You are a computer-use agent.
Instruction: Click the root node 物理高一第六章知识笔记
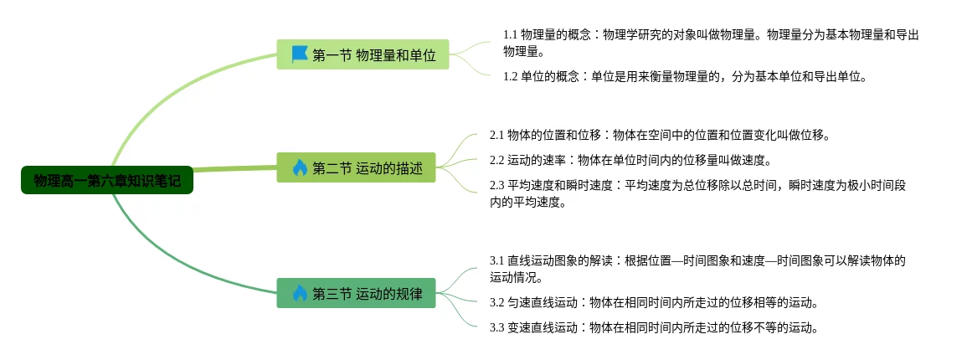[x=107, y=180]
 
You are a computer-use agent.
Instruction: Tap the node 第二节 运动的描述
[x=356, y=167]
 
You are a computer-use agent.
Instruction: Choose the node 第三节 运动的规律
[x=356, y=293]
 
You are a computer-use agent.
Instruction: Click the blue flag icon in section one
[x=300, y=54]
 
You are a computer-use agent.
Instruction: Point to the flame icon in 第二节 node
[x=300, y=167]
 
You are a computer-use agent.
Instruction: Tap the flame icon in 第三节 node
[x=300, y=293]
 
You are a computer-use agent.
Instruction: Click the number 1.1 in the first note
[x=511, y=35]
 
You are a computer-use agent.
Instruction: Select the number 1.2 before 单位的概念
[x=511, y=77]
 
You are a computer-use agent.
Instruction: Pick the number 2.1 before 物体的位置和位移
[x=497, y=135]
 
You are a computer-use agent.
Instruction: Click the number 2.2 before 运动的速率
[x=497, y=160]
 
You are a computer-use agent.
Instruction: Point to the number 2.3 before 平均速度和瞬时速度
[x=497, y=185]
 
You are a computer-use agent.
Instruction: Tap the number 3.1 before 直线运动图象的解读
[x=497, y=260]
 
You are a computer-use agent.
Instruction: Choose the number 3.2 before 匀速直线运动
[x=497, y=302]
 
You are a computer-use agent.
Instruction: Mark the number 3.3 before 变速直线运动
[x=497, y=327]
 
